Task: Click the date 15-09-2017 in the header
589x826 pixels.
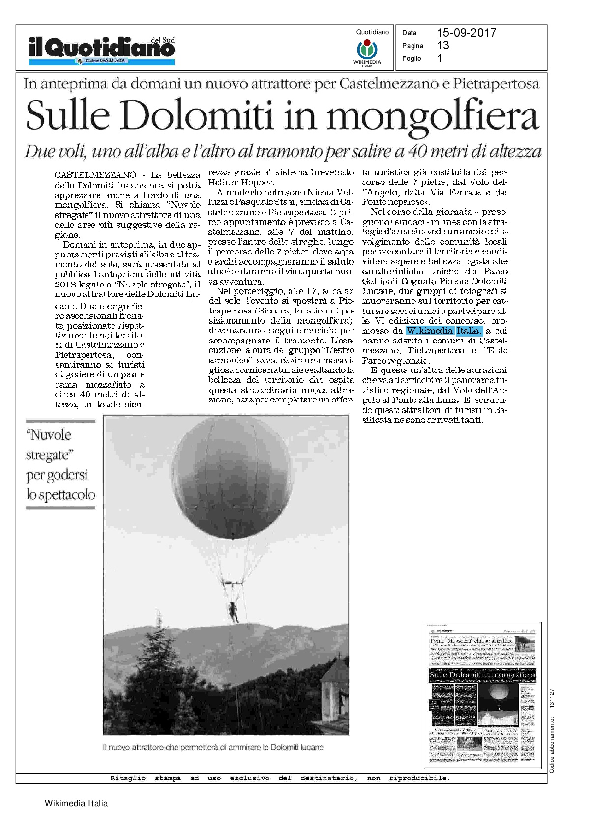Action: (x=466, y=33)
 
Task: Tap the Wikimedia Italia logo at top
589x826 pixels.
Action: (x=367, y=50)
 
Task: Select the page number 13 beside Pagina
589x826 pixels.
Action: (x=443, y=45)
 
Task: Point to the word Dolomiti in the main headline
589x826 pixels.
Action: (x=197, y=116)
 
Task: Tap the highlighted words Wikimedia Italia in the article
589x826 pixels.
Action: (x=444, y=331)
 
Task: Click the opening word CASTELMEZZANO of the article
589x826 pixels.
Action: (x=95, y=175)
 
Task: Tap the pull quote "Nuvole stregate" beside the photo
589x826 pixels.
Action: (x=60, y=464)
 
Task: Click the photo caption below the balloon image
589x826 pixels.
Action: (x=213, y=747)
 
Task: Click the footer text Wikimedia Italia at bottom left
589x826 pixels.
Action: (x=76, y=804)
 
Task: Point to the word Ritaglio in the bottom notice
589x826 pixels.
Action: (x=128, y=778)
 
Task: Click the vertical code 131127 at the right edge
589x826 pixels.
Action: (x=552, y=698)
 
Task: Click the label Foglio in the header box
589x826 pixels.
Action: (x=412, y=58)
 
